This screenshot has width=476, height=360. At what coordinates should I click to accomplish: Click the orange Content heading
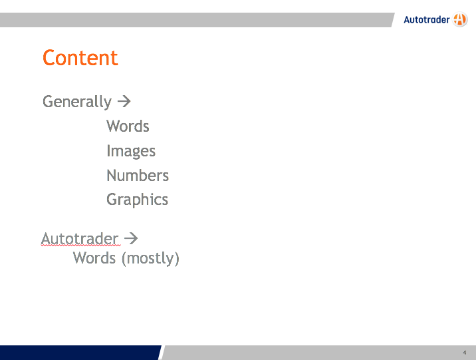[x=80, y=58]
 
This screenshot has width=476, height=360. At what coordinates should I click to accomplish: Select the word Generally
[x=77, y=101]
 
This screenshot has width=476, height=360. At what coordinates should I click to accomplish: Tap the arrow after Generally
[x=124, y=101]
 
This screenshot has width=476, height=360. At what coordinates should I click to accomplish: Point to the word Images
[x=131, y=151]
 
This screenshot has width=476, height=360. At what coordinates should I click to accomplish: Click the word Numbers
[x=138, y=175]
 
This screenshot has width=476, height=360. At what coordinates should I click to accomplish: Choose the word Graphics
[x=137, y=200]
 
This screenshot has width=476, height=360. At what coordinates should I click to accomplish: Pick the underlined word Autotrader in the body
[x=80, y=238]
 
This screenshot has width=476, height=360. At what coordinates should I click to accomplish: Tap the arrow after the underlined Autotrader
[x=131, y=238]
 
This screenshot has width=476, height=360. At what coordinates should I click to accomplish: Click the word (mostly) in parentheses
[x=150, y=259]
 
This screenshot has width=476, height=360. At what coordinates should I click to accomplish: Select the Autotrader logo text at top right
[x=427, y=20]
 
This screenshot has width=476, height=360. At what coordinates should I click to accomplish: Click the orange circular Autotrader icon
[x=460, y=19]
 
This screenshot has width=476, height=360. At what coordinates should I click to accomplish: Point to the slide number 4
[x=465, y=353]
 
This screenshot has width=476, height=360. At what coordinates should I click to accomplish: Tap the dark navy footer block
[x=80, y=353]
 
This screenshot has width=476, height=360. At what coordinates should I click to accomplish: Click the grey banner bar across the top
[x=197, y=20]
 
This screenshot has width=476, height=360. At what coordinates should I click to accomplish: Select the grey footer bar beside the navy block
[x=318, y=353]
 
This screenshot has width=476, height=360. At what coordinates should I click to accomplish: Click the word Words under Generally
[x=128, y=126]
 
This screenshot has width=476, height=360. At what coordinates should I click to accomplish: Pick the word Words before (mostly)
[x=94, y=258]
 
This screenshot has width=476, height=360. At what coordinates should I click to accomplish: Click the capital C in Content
[x=49, y=58]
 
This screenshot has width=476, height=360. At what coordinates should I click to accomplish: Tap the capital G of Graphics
[x=112, y=199]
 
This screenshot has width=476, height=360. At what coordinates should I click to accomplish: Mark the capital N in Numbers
[x=112, y=175]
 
